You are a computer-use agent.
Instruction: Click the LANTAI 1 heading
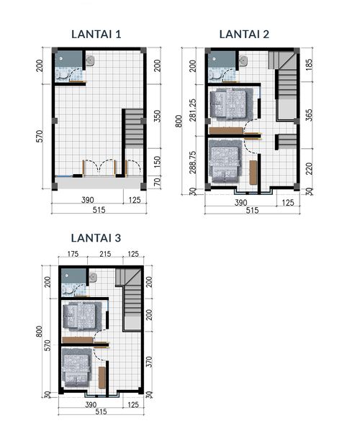pos(96,35)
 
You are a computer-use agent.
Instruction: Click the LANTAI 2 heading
pos(244,35)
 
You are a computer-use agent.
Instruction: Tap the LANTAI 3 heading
pos(96,238)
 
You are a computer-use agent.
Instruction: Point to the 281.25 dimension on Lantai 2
pos(192,110)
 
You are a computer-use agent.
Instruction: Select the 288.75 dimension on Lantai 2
pos(192,163)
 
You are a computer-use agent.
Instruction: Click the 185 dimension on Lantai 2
pos(309,65)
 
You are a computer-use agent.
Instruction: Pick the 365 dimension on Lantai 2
pos(309,115)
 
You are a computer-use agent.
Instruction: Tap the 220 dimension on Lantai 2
pos(309,169)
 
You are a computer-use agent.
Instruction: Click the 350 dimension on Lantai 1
pos(158,116)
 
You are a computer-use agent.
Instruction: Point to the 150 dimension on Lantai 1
pos(158,162)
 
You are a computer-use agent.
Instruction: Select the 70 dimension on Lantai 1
pos(157,181)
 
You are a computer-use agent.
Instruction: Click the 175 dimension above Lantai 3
pos(73,254)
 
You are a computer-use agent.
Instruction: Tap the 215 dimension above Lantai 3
pos(105,254)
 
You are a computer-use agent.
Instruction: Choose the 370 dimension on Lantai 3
pos(149,362)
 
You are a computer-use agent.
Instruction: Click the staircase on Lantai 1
pos(134,129)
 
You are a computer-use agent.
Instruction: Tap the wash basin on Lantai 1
pos(90,60)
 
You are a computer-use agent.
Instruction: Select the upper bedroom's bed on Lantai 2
pos(228,104)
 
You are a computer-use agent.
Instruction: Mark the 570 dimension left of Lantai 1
pos(40,136)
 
